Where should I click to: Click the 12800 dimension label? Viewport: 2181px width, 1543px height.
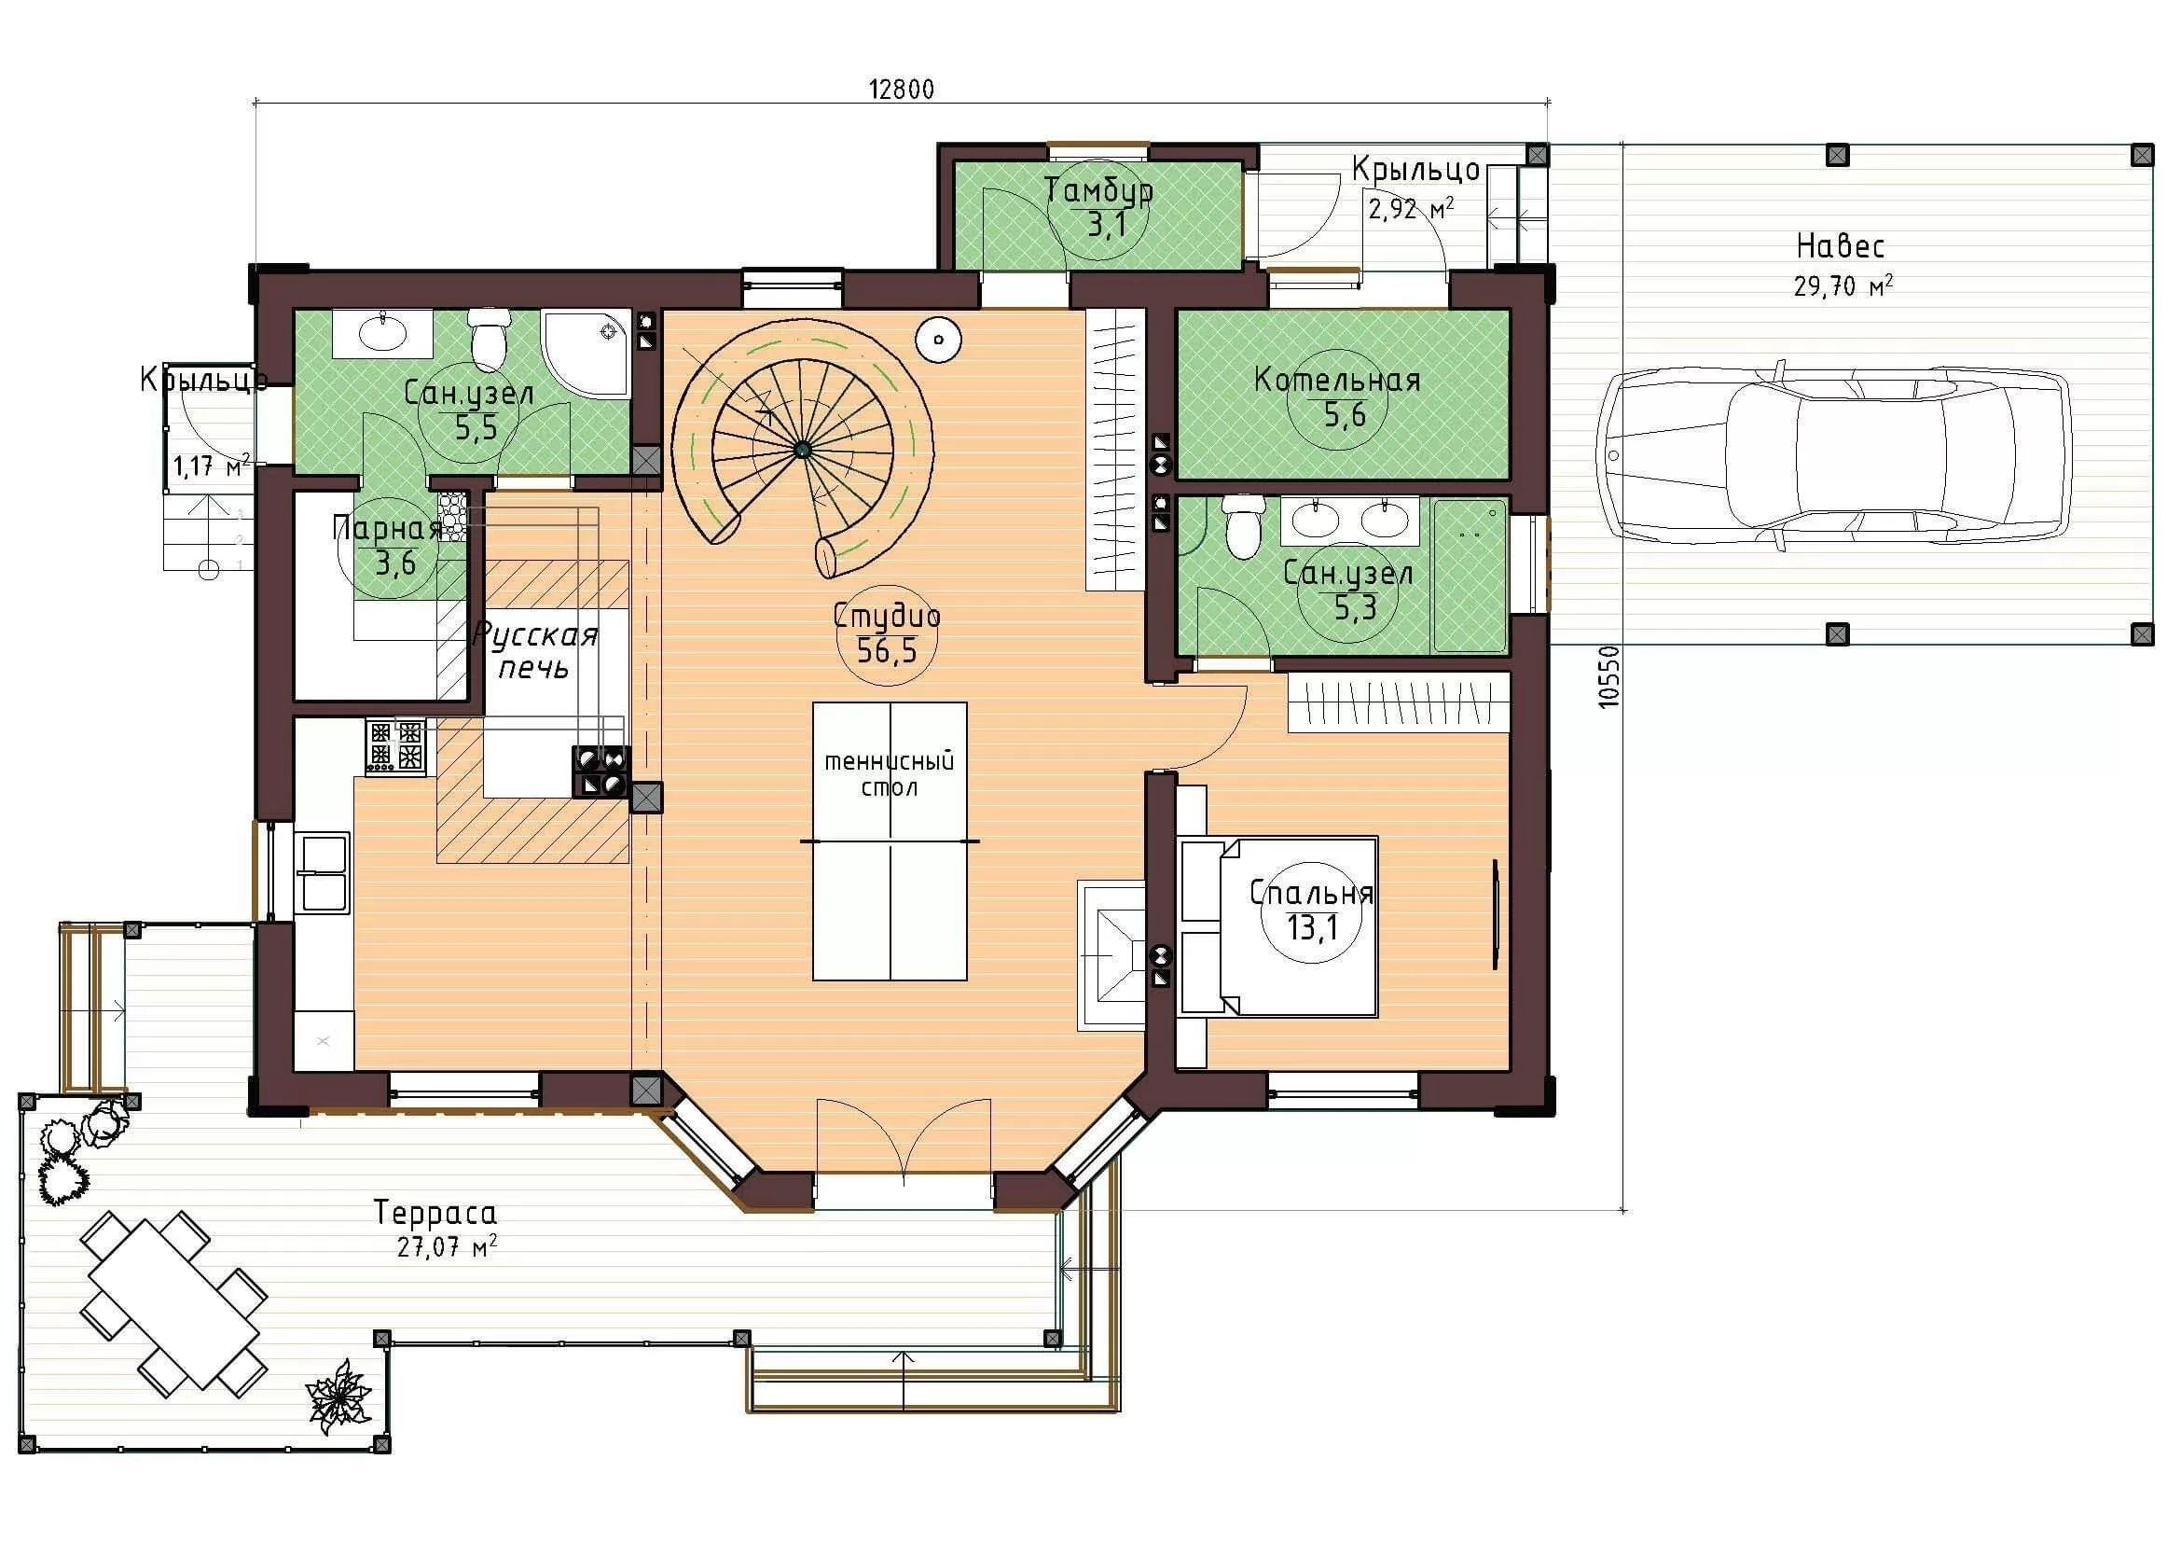point(902,90)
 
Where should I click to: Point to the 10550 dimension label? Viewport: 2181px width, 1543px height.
point(1608,676)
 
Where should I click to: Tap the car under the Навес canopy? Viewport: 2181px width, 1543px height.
point(1834,455)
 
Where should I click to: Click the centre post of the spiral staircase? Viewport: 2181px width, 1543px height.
point(803,450)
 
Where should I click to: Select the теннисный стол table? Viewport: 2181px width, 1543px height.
point(890,841)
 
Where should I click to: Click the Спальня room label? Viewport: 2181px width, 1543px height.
point(1311,893)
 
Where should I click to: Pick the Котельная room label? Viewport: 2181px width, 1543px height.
point(1337,380)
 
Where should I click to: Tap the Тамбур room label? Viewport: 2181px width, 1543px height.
point(1099,190)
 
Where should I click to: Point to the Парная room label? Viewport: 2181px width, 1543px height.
point(388,527)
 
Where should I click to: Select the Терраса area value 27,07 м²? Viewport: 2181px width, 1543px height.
point(447,1246)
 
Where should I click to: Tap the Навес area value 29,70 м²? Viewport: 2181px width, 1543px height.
point(1843,285)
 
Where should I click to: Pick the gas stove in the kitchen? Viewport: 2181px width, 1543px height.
point(396,747)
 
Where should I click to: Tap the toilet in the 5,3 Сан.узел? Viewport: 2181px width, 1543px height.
point(1242,525)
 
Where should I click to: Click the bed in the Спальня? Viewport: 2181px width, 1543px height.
point(1278,926)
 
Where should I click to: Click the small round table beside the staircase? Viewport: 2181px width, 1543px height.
point(939,340)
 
